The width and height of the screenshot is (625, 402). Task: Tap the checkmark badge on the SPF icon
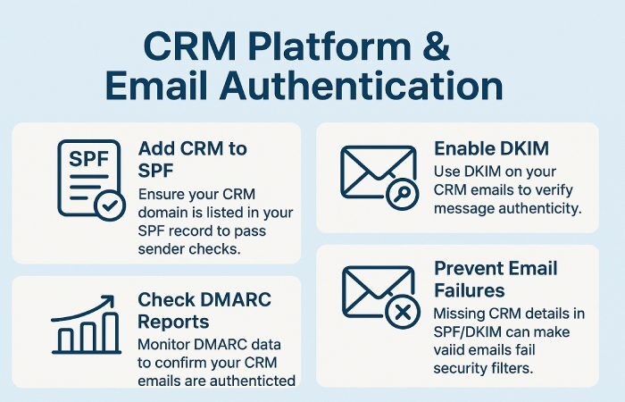coord(110,205)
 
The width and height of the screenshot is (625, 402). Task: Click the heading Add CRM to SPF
coord(192,158)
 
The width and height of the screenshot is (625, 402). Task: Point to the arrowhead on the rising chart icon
coord(108,301)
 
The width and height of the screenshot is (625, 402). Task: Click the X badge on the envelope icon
coord(402,313)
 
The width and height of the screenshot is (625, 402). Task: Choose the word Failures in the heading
coord(471,289)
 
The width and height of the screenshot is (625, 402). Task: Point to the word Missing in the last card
coord(462,314)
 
